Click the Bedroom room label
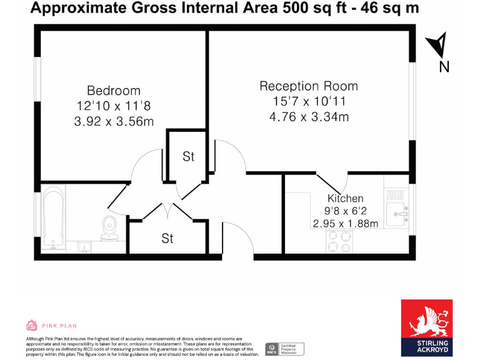coord(113,91)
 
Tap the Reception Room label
coord(308,86)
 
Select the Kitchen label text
coord(345,199)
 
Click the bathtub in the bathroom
coord(53,219)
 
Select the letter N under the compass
coord(444,67)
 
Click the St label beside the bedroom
coord(188,156)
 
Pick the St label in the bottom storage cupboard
coord(167,238)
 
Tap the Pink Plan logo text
coord(60,325)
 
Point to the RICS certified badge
coord(285,348)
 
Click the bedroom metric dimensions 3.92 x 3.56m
coord(113,121)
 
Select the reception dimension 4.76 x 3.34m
coord(308,116)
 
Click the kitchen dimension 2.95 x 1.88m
coord(345,223)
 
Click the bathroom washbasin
coord(84,247)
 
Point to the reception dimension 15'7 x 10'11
coord(308,101)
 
